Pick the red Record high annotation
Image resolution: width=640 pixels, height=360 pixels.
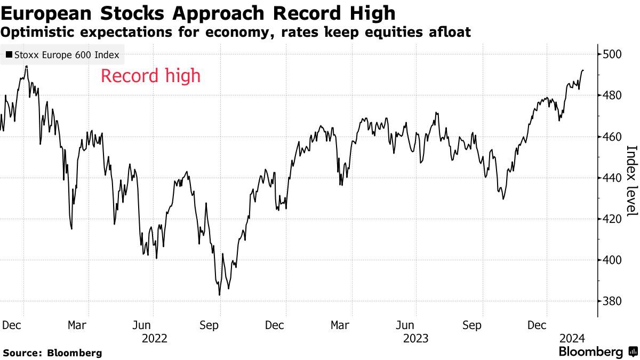[150, 76]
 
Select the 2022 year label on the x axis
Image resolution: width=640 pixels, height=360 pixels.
[154, 338]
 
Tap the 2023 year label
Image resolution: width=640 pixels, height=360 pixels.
[415, 338]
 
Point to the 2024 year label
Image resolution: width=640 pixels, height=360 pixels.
[572, 338]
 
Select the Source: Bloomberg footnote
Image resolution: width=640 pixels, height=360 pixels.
[52, 353]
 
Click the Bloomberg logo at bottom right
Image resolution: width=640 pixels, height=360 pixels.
[597, 352]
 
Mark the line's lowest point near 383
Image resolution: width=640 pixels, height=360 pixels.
[219, 294]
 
